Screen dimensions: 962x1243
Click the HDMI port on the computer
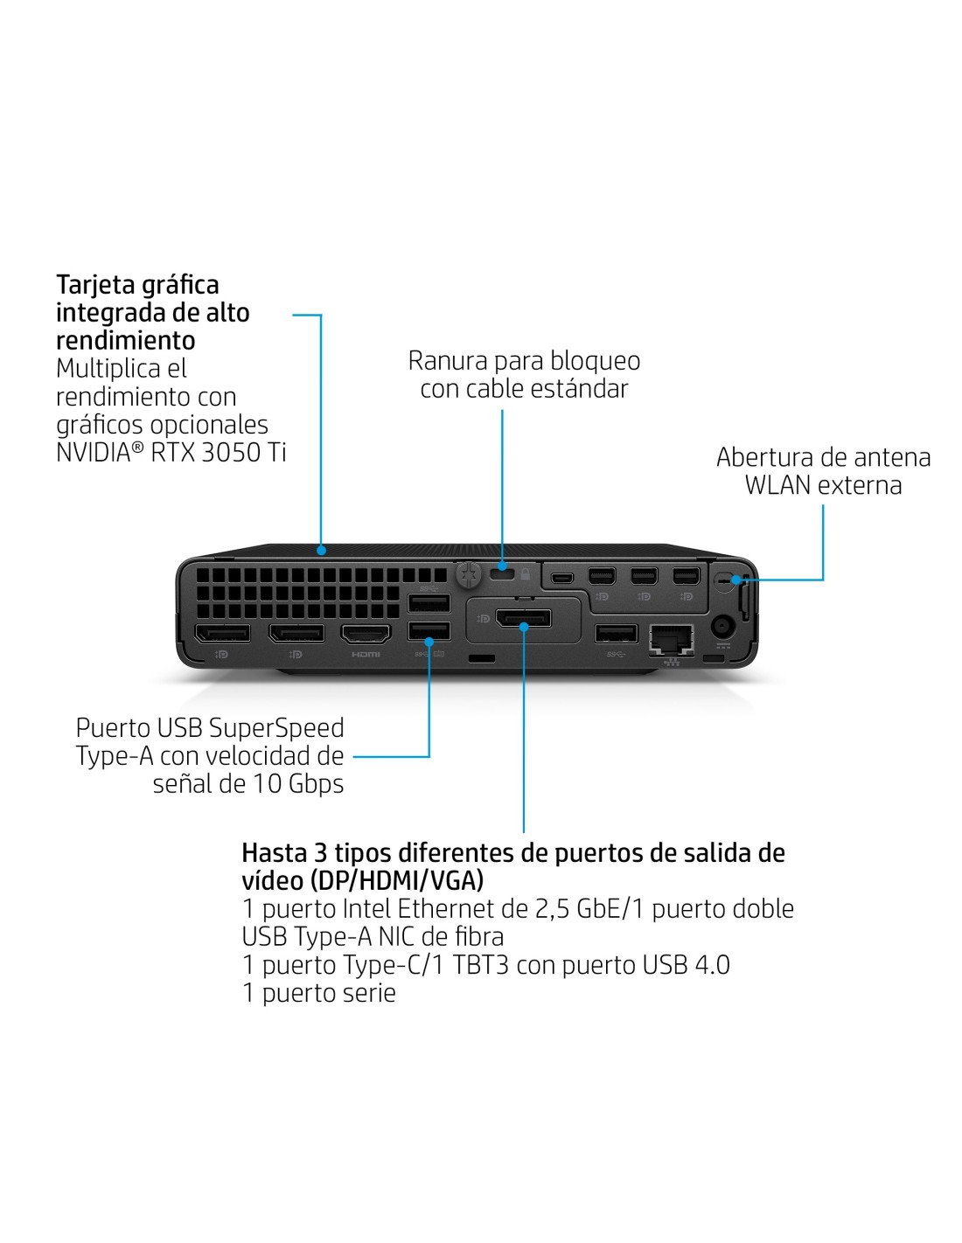click(x=366, y=634)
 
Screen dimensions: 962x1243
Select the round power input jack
click(x=722, y=627)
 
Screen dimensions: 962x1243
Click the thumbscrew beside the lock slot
click(x=469, y=575)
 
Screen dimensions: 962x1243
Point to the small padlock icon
click(x=525, y=573)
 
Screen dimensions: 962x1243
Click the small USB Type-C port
click(x=561, y=577)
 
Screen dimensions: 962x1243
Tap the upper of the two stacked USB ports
click(x=429, y=603)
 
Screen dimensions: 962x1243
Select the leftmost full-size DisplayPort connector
click(x=223, y=633)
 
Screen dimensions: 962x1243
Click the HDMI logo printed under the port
click(x=366, y=654)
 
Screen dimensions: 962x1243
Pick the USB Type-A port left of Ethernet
click(x=617, y=635)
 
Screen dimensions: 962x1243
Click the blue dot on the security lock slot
click(x=503, y=566)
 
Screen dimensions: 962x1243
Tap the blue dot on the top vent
click(x=321, y=551)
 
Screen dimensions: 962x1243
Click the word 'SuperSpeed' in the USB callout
click(x=275, y=728)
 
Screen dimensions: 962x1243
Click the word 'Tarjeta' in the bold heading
click(x=94, y=284)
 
